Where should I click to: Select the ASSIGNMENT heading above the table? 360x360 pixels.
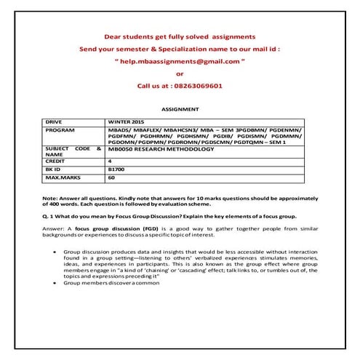click(180, 108)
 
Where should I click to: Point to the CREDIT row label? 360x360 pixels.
click(57, 160)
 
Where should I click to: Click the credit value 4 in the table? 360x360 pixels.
click(110, 160)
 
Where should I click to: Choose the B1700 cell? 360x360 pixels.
click(116, 168)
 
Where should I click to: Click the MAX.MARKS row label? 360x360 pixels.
click(62, 176)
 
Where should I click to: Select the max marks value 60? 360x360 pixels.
click(111, 176)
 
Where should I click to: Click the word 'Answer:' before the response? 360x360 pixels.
click(55, 229)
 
